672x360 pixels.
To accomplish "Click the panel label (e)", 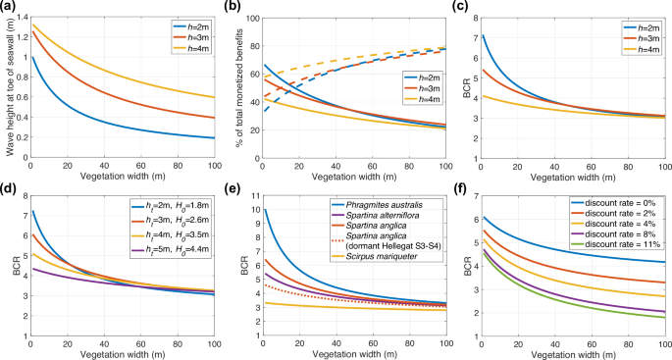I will point(237,187).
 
